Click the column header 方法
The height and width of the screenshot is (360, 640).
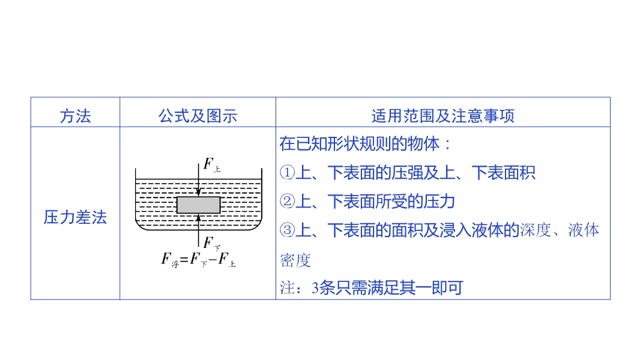coord(75,116)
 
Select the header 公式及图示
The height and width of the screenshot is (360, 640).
coord(198,116)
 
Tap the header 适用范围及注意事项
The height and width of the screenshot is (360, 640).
coord(442,116)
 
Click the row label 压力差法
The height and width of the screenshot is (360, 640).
coord(75,217)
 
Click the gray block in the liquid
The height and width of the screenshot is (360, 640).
coord(199,205)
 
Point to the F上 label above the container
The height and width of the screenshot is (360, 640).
coord(211,164)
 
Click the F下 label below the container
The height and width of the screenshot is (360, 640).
coord(211,244)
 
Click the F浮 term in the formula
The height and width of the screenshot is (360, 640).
coord(171,259)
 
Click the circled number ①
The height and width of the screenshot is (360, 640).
coord(288,173)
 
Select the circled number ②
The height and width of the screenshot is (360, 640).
coord(288,202)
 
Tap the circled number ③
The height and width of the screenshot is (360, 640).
coord(288,230)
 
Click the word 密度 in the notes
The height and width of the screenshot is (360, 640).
coord(295,260)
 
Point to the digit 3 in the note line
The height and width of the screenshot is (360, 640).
coord(315,289)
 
